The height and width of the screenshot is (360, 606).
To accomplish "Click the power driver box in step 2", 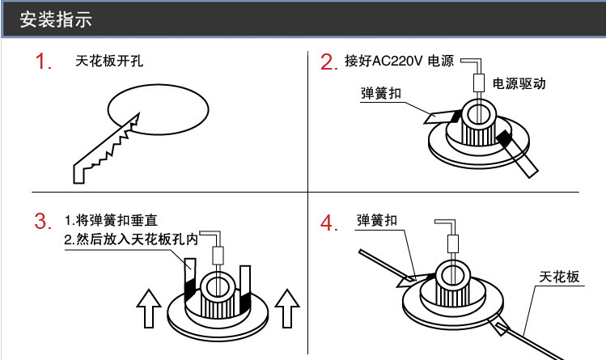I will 479,83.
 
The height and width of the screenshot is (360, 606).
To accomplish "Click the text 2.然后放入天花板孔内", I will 130,240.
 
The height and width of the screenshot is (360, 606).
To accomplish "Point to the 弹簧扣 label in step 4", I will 377,220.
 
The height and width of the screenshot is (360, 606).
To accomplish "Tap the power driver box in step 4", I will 453,243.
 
